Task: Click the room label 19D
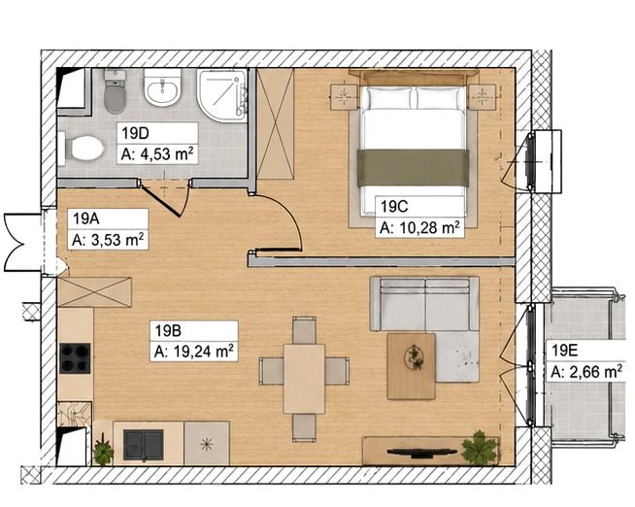135,133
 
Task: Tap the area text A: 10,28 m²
419,228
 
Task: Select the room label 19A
85,219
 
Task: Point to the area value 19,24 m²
203,351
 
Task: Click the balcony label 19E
564,351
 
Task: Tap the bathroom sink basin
162,87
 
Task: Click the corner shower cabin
222,95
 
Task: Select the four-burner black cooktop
75,358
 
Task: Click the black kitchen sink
144,445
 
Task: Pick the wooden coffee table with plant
411,366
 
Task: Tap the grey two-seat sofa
424,304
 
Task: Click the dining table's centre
304,379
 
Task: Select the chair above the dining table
304,330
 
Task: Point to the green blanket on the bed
413,168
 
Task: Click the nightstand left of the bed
345,97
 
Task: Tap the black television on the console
421,452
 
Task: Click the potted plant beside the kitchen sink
103,451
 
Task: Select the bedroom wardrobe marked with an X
276,123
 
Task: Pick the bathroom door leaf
161,201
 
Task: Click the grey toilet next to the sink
115,91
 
